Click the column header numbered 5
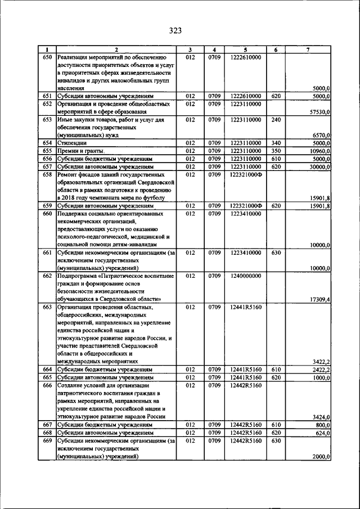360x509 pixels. tap(245, 49)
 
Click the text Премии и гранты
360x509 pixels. tap(81, 151)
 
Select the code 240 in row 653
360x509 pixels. tap(276, 120)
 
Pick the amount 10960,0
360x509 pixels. tap(319, 151)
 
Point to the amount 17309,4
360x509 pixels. tap(319, 299)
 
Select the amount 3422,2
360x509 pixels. tap(321, 361)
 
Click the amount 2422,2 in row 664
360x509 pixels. tap(321, 370)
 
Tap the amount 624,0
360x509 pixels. tap(322, 433)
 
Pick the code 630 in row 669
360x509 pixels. tap(276, 441)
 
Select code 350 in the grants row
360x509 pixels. tap(276, 151)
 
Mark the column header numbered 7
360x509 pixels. tap(308, 49)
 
